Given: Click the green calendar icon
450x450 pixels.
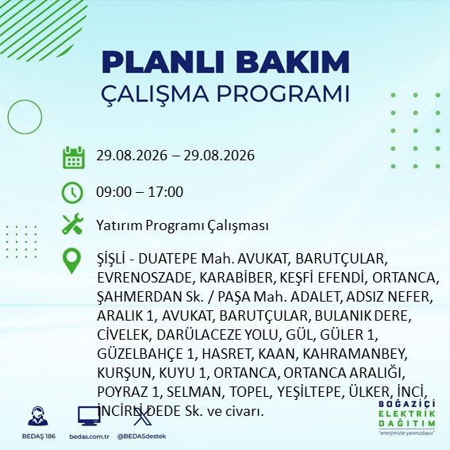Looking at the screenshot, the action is [x=74, y=157].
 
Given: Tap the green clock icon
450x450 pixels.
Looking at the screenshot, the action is [x=72, y=193].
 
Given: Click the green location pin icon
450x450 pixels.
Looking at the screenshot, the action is [x=71, y=260].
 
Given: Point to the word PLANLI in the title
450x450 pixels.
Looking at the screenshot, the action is [x=162, y=62].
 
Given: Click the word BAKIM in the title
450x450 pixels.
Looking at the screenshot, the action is [x=292, y=62].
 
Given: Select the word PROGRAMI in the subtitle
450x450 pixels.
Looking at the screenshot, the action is [x=283, y=94].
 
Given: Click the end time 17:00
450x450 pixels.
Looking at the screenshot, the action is [x=166, y=192].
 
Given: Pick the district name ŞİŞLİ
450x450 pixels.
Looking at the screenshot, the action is [x=111, y=259].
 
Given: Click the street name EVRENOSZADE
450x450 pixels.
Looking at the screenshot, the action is [x=144, y=278].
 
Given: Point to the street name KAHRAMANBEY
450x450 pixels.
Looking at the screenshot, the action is [x=355, y=354].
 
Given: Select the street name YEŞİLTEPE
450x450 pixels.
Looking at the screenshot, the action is [x=311, y=392].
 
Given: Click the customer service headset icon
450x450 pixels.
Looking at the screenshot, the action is [x=38, y=416].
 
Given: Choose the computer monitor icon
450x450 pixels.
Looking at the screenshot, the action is [x=89, y=416].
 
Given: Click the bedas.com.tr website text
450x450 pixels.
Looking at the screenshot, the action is [x=89, y=437].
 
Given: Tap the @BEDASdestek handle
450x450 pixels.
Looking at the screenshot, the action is [x=142, y=437].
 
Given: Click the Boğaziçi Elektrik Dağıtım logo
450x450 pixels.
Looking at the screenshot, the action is [x=407, y=417].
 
